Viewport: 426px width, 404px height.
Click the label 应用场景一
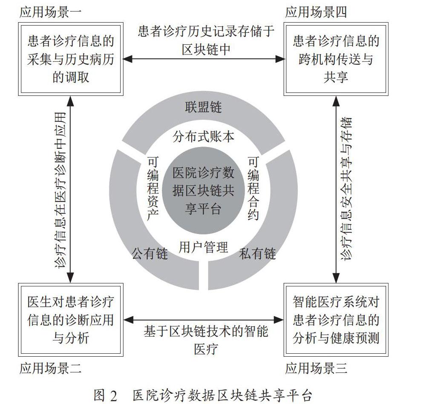click(x=51, y=12)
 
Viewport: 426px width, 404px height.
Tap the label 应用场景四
click(x=316, y=12)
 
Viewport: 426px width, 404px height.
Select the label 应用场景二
click(x=51, y=368)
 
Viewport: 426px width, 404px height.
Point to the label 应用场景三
click(x=316, y=368)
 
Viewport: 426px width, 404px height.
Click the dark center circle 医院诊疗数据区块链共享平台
click(x=203, y=190)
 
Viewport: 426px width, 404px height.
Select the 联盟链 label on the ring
click(x=203, y=107)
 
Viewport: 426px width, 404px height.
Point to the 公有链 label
click(x=150, y=254)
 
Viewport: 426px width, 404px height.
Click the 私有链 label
click(x=257, y=254)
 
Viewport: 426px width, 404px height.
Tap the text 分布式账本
click(x=203, y=136)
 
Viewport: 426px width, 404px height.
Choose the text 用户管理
click(x=203, y=248)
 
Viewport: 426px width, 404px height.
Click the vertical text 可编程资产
click(x=153, y=188)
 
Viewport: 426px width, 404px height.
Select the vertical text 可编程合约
click(x=253, y=188)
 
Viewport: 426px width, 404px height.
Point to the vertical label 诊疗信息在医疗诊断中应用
click(x=60, y=190)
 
